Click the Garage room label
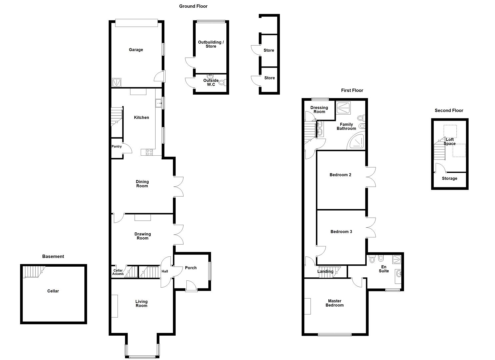pos(136,50)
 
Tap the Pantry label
pos(117,146)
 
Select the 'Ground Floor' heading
pos(193,6)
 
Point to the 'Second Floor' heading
pos(449,110)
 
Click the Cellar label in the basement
pos(53,291)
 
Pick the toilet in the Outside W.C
pos(222,82)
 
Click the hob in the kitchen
pos(149,152)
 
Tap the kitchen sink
pos(158,103)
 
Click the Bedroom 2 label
pos(340,175)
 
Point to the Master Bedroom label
pos(334,303)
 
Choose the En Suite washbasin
pos(398,274)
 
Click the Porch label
pos(191,268)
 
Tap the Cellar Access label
pos(118,272)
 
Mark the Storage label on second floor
pos(449,178)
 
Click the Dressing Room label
pos(319,110)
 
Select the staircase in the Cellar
pos(34,271)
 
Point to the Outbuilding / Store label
pos(211,44)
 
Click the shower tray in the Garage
pos(117,82)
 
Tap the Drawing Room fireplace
pos(143,217)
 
